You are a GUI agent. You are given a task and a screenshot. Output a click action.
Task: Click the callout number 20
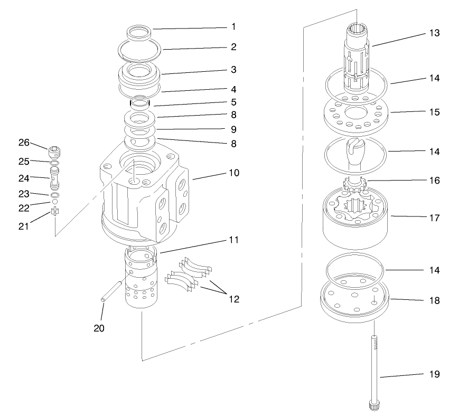[99, 328]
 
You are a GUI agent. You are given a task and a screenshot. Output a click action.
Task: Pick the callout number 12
[233, 299]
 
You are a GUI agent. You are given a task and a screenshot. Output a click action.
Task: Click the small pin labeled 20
[113, 291]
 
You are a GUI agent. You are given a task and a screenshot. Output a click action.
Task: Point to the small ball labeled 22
[54, 202]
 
